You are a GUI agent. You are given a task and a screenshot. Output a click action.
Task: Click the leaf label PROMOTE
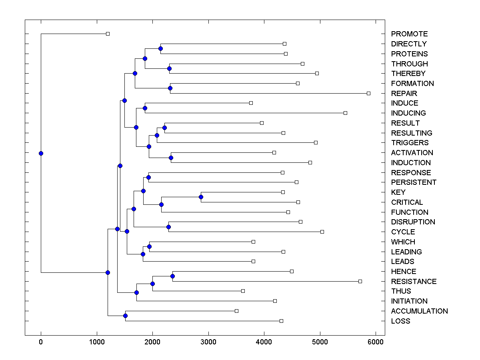pos(409,34)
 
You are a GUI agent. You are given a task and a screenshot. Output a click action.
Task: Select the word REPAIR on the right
pos(404,94)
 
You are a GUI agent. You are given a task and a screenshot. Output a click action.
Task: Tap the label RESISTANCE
pos(414,282)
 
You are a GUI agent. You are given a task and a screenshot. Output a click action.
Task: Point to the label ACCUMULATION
pos(419,311)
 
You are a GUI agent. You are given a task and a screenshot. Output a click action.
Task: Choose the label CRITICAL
pos(407,202)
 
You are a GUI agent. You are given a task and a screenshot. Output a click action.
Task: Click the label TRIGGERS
pos(410,143)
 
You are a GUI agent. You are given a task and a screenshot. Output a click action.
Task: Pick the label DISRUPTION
pos(413,222)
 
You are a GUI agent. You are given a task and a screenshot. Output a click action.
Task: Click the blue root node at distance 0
pos(41,153)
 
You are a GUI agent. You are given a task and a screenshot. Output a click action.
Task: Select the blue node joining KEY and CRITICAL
pos(201,197)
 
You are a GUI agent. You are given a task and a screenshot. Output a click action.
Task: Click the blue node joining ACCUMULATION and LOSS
pos(125,316)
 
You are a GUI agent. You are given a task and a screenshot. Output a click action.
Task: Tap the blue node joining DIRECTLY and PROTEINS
pos(160,49)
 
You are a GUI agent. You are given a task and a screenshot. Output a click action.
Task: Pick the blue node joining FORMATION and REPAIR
pos(170,88)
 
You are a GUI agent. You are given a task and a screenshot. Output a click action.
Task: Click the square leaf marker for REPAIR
pos(368,93)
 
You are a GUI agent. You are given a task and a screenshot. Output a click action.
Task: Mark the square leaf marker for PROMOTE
pos(108,34)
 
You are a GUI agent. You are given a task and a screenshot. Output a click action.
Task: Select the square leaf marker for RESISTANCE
pos(360,281)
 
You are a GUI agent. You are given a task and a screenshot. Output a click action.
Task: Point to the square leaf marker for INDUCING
pos(345,113)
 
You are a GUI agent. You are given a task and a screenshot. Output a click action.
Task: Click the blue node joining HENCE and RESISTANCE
pos(172,276)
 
